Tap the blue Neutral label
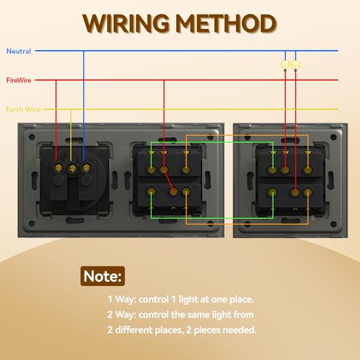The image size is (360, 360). click(x=18, y=51)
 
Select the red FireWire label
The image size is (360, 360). click(x=19, y=80)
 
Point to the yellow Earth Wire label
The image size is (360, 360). click(x=23, y=109)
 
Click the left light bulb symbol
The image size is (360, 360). click(x=285, y=65)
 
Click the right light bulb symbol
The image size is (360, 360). click(x=296, y=65)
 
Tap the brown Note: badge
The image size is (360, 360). click(x=102, y=276)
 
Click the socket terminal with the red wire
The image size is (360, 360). click(x=59, y=168)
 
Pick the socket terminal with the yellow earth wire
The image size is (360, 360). click(x=73, y=169)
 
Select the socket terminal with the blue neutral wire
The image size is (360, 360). click(x=87, y=168)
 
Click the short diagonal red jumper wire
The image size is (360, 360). click(x=169, y=180)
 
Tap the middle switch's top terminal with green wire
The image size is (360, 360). click(x=152, y=169)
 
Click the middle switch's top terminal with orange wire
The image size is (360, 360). click(x=186, y=169)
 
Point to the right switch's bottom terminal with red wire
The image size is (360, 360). click(x=296, y=191)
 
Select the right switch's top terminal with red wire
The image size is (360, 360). click(x=285, y=169)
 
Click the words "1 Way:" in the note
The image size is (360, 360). click(x=122, y=299)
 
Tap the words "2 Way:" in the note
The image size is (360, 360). click(x=122, y=315)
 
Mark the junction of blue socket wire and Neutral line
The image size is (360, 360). click(x=83, y=51)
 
